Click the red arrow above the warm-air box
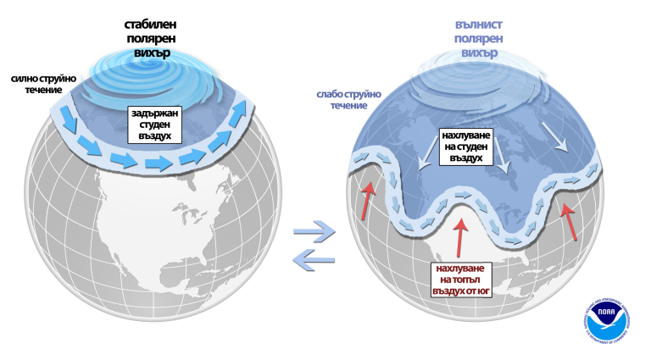point(460,236)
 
